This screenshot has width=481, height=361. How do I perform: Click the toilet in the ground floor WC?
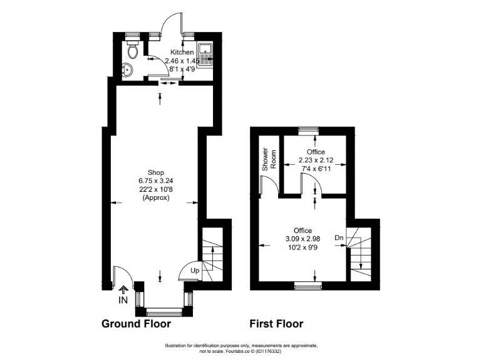(132, 49)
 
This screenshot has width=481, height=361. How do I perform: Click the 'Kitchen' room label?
(182, 52)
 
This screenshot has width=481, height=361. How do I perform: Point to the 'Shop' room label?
(156, 172)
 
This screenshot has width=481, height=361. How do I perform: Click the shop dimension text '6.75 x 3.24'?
(156, 180)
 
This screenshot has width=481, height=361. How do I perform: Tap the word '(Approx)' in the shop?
(156, 197)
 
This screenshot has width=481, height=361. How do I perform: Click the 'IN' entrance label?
(123, 300)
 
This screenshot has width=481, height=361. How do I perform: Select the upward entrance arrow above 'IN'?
(123, 290)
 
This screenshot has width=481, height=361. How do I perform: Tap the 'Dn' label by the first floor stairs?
(339, 238)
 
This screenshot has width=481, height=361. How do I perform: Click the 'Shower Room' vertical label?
(266, 160)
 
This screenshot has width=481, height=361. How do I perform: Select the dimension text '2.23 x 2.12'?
(316, 161)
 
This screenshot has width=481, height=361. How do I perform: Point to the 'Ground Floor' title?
(136, 324)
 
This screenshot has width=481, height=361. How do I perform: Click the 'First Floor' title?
(276, 324)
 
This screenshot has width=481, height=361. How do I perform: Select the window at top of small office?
(308, 130)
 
